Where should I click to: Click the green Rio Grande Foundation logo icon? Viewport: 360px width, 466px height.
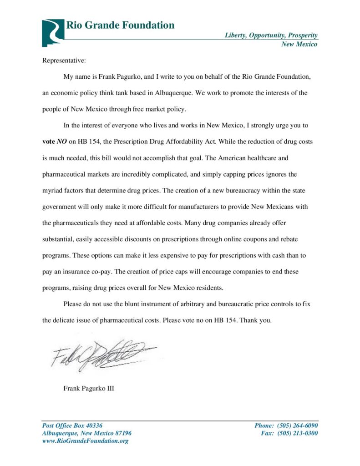coord(53,32)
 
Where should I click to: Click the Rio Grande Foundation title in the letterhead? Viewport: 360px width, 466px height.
coord(120,25)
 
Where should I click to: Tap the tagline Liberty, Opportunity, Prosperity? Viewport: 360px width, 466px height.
coord(271,35)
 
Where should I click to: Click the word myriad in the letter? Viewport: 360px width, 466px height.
coord(52,190)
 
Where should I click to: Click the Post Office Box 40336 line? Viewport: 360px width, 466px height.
coord(72,425)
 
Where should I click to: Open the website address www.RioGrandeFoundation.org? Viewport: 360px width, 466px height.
coord(85,441)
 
